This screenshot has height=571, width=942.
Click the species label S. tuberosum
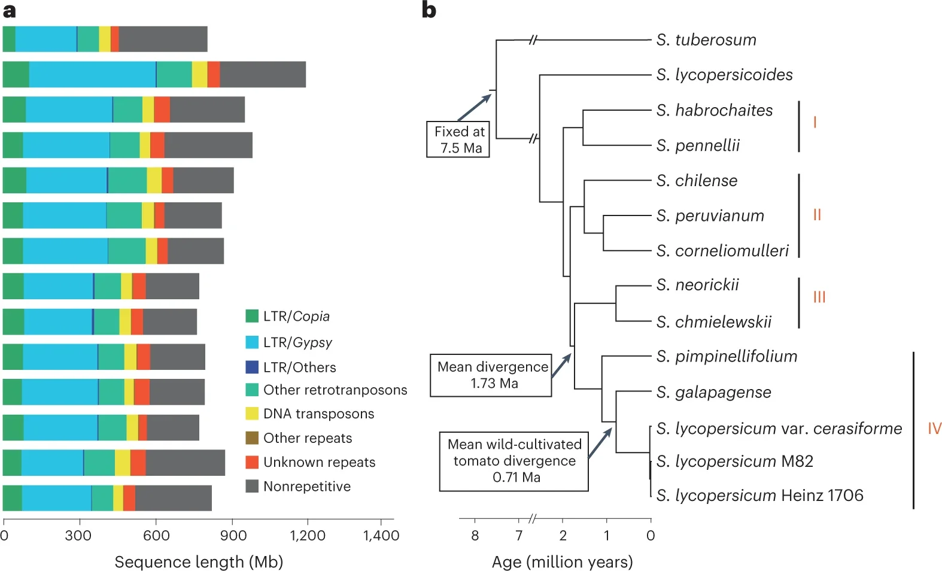(706, 40)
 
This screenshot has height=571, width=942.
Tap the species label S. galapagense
(713, 393)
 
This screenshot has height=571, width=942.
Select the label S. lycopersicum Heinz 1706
(759, 496)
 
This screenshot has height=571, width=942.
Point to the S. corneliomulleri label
(722, 251)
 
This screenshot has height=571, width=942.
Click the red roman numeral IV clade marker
(934, 429)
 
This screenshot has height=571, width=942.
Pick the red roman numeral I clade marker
(815, 123)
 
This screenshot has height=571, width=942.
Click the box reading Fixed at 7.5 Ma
(458, 139)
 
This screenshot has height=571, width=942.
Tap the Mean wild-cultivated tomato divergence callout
(514, 461)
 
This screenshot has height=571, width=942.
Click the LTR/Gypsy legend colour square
(252, 342)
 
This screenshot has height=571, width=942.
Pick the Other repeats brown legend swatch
(252, 438)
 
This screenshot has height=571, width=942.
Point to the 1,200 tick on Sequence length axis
(307, 535)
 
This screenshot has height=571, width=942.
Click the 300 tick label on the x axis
(78, 535)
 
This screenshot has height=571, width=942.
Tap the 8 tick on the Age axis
(475, 535)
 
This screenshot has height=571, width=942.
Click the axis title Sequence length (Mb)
(199, 562)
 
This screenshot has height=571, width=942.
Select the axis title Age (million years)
(562, 562)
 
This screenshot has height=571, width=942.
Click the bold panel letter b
(429, 10)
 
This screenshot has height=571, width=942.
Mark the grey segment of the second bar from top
(263, 75)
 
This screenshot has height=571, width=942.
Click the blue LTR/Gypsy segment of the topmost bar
(45, 40)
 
